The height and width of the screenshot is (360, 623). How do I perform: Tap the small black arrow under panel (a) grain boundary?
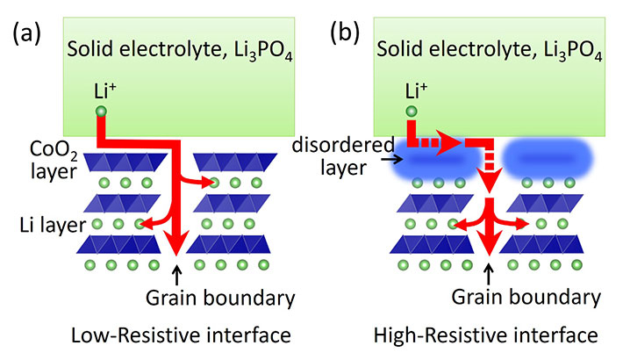click(x=178, y=270)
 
